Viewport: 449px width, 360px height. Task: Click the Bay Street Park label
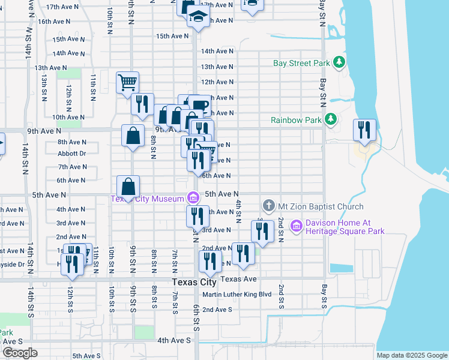[x=301, y=63]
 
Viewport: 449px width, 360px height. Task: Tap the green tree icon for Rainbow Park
[x=330, y=120]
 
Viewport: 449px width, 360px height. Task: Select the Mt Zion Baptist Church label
[x=321, y=206]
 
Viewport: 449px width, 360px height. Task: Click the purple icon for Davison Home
[x=295, y=226]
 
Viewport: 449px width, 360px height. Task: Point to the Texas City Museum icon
[x=193, y=197]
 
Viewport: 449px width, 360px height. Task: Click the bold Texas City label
[x=194, y=282]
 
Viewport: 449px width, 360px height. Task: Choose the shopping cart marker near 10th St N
[x=128, y=82]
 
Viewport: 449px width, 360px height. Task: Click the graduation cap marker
[x=197, y=17]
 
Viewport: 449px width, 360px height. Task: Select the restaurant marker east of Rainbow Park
[x=364, y=129]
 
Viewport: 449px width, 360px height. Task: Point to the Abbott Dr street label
[x=72, y=154]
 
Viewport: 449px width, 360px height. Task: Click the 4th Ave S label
[x=174, y=340]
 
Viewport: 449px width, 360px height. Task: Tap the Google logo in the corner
[x=20, y=353]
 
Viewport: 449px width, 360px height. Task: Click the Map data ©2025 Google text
[x=412, y=355]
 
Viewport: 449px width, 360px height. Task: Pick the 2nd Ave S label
[x=217, y=310]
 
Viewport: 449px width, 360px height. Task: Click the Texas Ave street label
[x=238, y=279]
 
